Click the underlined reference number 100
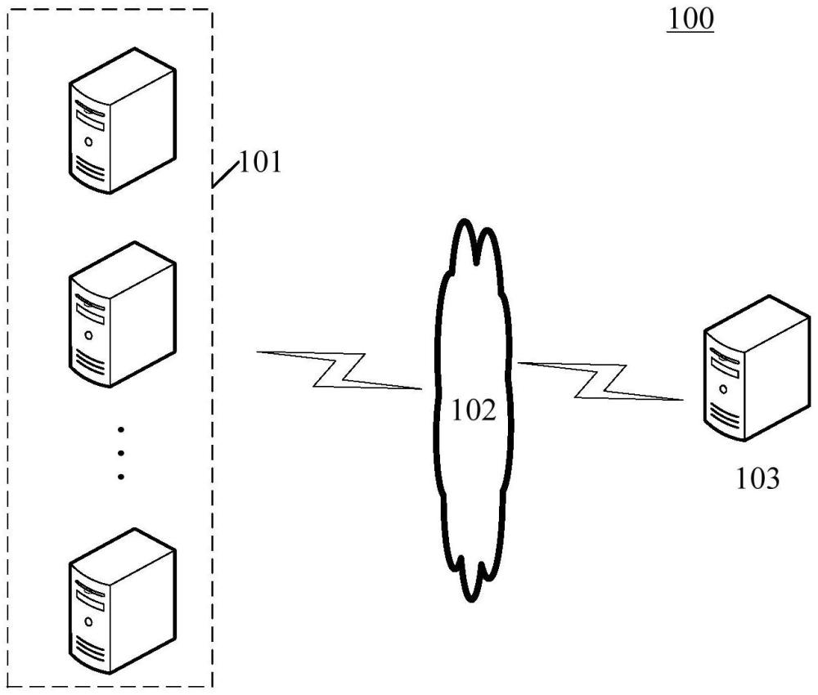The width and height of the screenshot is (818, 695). click(x=690, y=20)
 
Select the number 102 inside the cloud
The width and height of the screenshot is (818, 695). click(x=474, y=410)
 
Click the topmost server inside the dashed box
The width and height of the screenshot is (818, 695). click(x=122, y=120)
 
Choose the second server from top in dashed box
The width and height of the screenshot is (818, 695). click(x=122, y=314)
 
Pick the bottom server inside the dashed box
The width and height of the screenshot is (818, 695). click(x=122, y=601)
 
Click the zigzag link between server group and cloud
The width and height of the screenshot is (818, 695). click(x=339, y=370)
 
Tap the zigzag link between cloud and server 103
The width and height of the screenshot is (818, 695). click(x=601, y=380)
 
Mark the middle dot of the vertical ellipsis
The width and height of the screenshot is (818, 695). click(x=121, y=452)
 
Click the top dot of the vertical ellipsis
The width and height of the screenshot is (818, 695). click(x=121, y=428)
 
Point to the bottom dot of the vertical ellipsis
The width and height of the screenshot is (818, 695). click(x=121, y=476)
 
